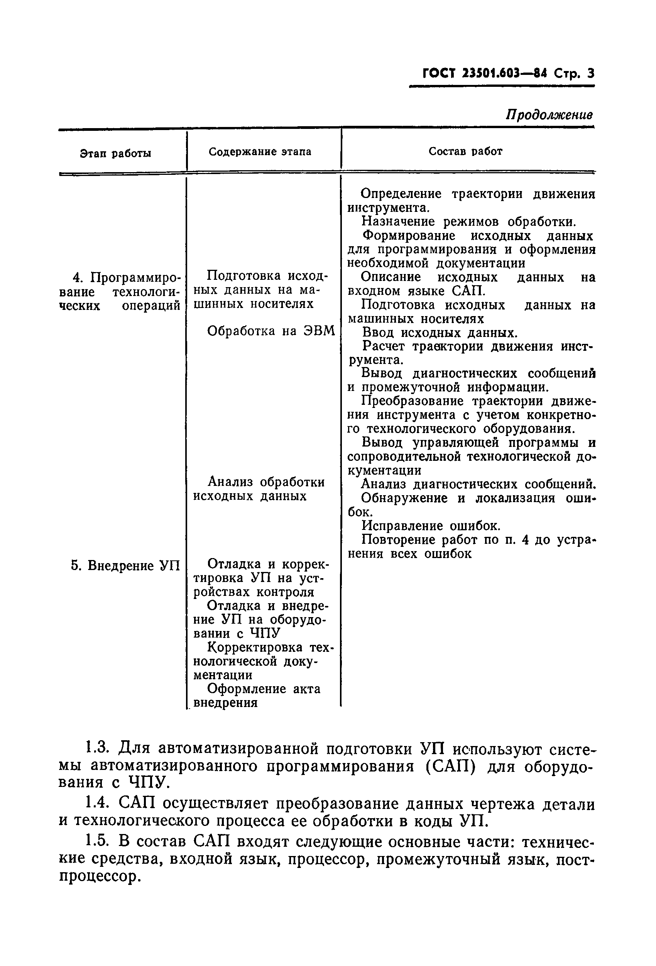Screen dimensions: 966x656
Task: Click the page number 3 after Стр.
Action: coord(590,74)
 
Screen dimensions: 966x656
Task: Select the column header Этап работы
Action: coord(115,153)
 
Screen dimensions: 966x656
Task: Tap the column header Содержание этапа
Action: coord(260,152)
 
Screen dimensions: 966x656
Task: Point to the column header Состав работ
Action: coord(465,151)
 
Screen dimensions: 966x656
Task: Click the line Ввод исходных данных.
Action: coord(440,333)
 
